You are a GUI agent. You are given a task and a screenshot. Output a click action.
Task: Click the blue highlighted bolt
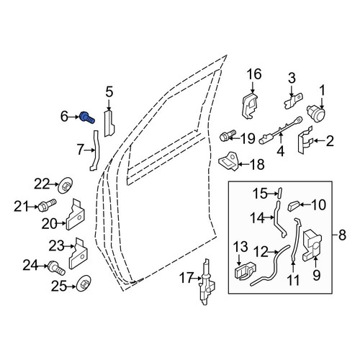click(87, 117)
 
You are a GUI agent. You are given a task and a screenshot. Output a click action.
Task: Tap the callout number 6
click(64, 117)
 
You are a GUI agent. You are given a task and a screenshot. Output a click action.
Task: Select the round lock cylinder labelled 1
click(316, 112)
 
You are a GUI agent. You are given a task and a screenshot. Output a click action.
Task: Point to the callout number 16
click(254, 74)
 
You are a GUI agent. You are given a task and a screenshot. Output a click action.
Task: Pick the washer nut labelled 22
click(66, 186)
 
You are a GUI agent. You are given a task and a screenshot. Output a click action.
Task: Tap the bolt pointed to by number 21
click(47, 205)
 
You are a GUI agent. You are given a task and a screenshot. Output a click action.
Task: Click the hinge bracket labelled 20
click(75, 215)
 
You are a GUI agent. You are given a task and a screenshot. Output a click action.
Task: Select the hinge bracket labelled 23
click(78, 254)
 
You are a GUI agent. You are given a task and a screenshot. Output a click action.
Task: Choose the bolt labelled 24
click(57, 268)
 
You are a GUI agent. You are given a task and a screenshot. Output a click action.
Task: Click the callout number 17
click(186, 278)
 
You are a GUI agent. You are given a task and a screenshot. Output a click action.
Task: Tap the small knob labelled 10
click(293, 206)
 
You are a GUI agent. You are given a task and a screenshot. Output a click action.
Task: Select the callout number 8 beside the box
click(342, 235)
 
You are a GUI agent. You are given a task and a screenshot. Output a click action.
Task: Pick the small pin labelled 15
click(279, 193)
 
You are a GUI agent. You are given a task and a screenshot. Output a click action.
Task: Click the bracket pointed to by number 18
click(228, 161)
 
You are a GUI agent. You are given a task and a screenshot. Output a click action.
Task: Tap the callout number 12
click(261, 252)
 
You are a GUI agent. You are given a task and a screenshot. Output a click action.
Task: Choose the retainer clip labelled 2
click(305, 140)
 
